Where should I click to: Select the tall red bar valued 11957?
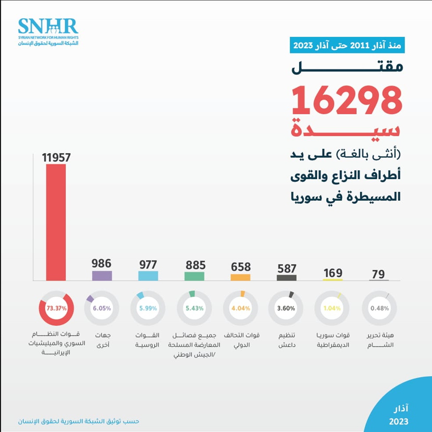click(56, 222)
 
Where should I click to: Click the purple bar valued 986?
click(102, 275)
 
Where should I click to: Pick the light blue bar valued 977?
click(148, 275)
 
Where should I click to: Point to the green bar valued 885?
click(195, 276)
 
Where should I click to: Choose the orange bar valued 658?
click(241, 277)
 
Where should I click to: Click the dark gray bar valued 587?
click(287, 277)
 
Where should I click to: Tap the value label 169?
click(333, 272)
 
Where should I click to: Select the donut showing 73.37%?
click(56, 308)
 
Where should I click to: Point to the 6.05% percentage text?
click(102, 308)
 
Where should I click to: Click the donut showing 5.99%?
click(148, 308)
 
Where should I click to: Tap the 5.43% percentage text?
click(195, 308)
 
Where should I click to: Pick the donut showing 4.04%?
click(241, 308)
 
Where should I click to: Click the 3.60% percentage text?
click(287, 308)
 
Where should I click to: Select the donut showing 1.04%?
click(333, 308)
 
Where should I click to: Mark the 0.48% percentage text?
click(379, 308)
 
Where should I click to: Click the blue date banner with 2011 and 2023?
click(348, 45)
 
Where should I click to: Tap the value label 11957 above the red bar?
click(56, 157)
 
